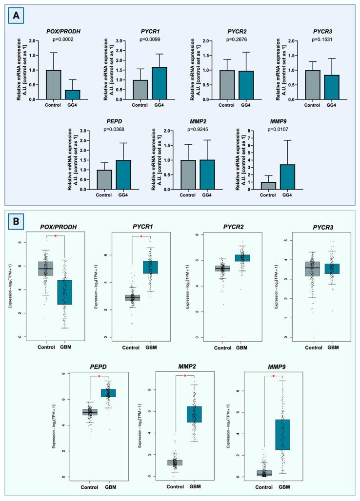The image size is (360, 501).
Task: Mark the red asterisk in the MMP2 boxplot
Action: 184,375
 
